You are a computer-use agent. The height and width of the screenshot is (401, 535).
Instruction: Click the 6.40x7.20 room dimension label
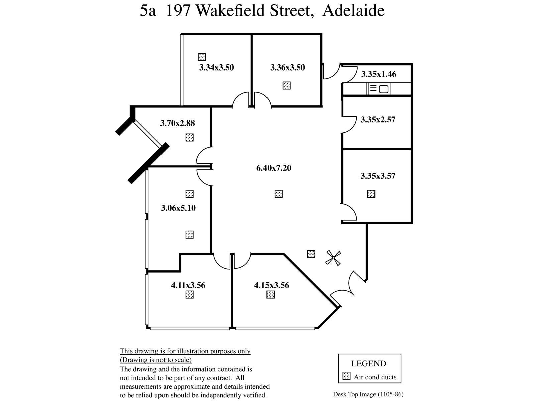coord(274,168)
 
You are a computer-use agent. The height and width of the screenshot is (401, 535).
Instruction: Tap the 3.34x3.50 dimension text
coord(216,68)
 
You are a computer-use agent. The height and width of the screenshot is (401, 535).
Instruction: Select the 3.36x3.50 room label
coord(287,68)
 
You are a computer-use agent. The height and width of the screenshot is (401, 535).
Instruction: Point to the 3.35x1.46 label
coord(379,74)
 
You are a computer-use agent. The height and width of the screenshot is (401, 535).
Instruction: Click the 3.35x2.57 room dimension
coord(378,120)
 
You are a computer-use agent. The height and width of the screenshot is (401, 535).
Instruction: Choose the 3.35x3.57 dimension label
coord(378,176)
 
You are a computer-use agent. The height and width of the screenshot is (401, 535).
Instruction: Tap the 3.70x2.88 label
coord(178,123)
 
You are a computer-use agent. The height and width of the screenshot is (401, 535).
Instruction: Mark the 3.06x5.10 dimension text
coord(178,208)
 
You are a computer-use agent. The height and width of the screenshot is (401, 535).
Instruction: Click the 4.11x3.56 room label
coord(188,285)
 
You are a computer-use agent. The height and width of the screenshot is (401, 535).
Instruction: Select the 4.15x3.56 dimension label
coord(272,285)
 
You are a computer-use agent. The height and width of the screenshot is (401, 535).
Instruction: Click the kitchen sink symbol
coord(379,89)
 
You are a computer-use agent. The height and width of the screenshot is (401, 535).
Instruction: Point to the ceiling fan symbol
coord(333,258)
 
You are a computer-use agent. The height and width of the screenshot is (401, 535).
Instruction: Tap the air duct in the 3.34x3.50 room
coord(202,57)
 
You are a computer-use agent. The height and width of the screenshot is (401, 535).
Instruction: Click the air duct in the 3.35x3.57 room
coord(371,194)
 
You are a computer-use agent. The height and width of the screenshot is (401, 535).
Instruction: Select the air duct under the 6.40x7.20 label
coord(278,194)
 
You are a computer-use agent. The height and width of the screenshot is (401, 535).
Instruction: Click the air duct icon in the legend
coord(347,376)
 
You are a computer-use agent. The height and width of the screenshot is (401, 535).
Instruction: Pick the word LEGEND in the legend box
coord(368,364)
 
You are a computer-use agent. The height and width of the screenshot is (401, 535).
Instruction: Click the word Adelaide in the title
coord(353,11)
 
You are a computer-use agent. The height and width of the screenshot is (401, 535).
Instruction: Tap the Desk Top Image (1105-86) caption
coord(368,394)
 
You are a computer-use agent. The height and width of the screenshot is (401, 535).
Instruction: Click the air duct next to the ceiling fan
coord(311,254)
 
